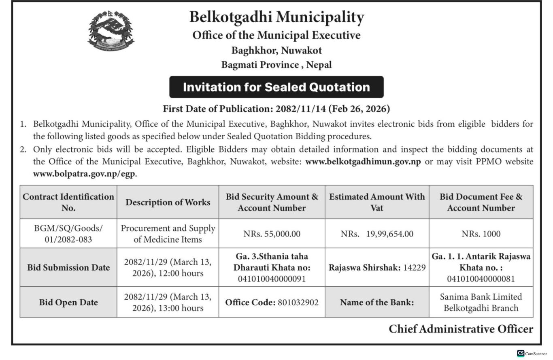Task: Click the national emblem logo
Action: tap(111, 31)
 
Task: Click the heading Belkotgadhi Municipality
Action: tap(276, 17)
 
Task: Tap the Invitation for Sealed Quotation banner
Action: tap(276, 87)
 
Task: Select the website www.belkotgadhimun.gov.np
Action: tap(363, 162)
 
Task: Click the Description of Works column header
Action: tap(168, 202)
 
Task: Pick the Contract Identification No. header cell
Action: tap(68, 202)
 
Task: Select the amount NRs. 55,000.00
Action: tap(272, 234)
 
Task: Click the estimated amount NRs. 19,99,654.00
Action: tap(377, 234)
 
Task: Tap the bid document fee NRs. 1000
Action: tap(481, 234)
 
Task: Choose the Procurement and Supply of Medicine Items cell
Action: tap(168, 234)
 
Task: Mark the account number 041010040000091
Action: tap(272, 279)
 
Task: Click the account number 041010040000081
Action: tap(481, 279)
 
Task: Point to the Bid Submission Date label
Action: tap(68, 268)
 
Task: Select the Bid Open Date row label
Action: tap(68, 302)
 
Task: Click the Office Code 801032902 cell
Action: tap(272, 302)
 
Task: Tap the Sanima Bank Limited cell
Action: tap(481, 302)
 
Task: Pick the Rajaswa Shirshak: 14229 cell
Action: tap(377, 268)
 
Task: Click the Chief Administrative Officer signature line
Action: tap(461, 329)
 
